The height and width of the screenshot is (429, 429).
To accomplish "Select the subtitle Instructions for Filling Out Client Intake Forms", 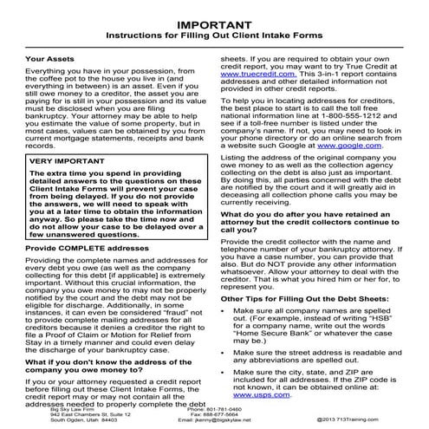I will [214, 37].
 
